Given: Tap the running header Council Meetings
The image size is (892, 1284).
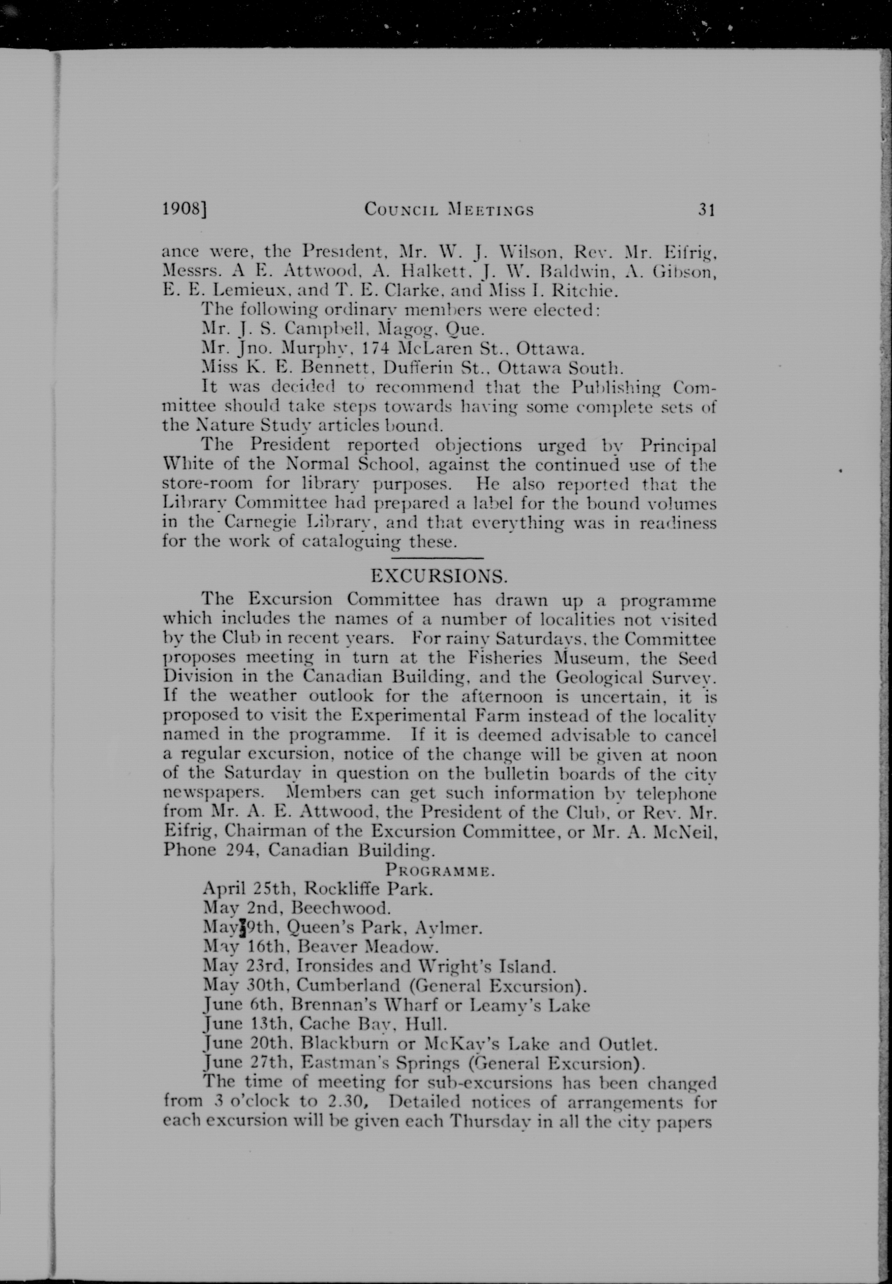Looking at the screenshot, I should (449, 210).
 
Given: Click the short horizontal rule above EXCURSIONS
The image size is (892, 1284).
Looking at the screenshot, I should (437, 558).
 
